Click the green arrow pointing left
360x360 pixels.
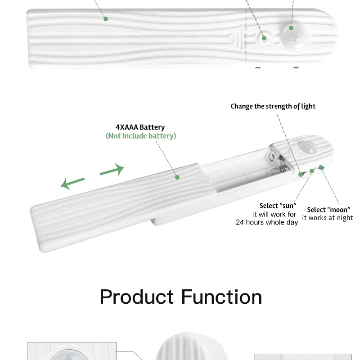pos(72,183)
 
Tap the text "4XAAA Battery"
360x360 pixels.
pos(140,127)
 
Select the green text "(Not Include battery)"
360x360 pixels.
pos(141,136)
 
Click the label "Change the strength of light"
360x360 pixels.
pos(273,106)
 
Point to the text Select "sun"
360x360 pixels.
pos(278,206)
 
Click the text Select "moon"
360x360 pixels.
pos(328,210)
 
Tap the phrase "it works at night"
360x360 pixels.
pos(328,218)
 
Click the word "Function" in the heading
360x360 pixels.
pos(221,297)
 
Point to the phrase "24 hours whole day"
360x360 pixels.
pos(267,222)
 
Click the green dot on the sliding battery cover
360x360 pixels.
pos(177,177)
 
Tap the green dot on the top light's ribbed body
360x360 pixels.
pos(105,19)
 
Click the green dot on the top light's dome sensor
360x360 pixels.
pos(291,28)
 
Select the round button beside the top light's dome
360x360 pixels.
pos(265,38)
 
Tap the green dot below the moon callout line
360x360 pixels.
pos(321,167)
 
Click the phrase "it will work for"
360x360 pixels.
pos(274,215)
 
